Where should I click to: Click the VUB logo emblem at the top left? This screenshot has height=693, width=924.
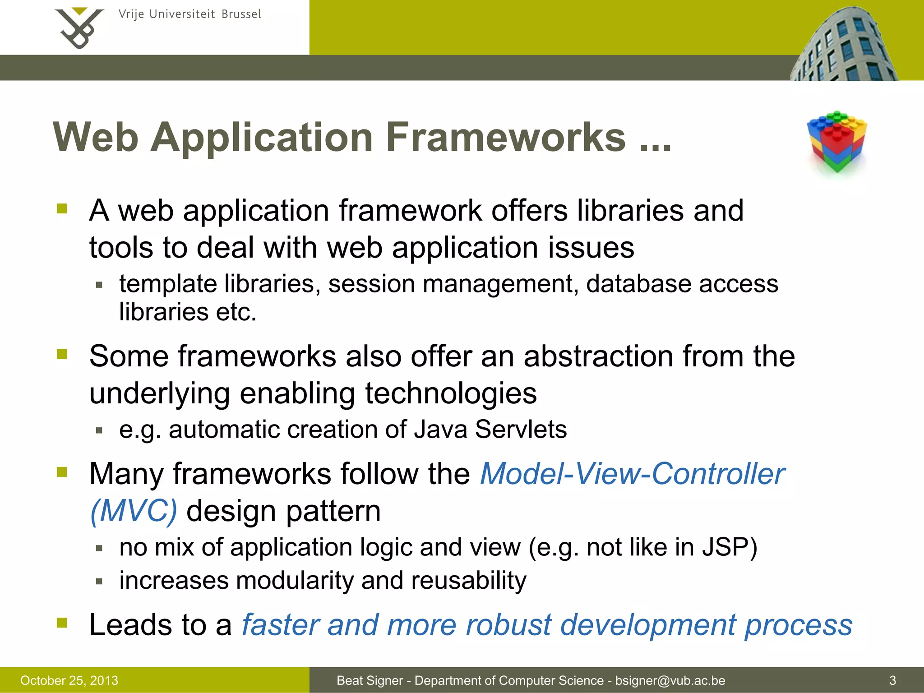pos(79,28)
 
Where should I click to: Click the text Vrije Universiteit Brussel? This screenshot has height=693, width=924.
pos(189,14)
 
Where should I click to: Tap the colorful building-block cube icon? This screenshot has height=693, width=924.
pos(837,142)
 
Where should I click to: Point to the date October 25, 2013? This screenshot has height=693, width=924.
pos(69,680)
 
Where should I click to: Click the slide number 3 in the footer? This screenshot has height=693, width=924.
pos(892,680)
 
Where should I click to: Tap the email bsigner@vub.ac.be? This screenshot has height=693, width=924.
pos(670,680)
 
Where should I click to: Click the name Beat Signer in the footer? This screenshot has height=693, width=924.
pos(370,680)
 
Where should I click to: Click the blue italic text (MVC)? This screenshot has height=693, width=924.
pos(134,511)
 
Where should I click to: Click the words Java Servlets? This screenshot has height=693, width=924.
pos(490,429)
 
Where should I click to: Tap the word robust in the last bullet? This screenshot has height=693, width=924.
pos(508,625)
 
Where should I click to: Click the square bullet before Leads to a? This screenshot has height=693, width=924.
pos(62,623)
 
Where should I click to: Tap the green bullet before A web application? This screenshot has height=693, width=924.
pos(62,208)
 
